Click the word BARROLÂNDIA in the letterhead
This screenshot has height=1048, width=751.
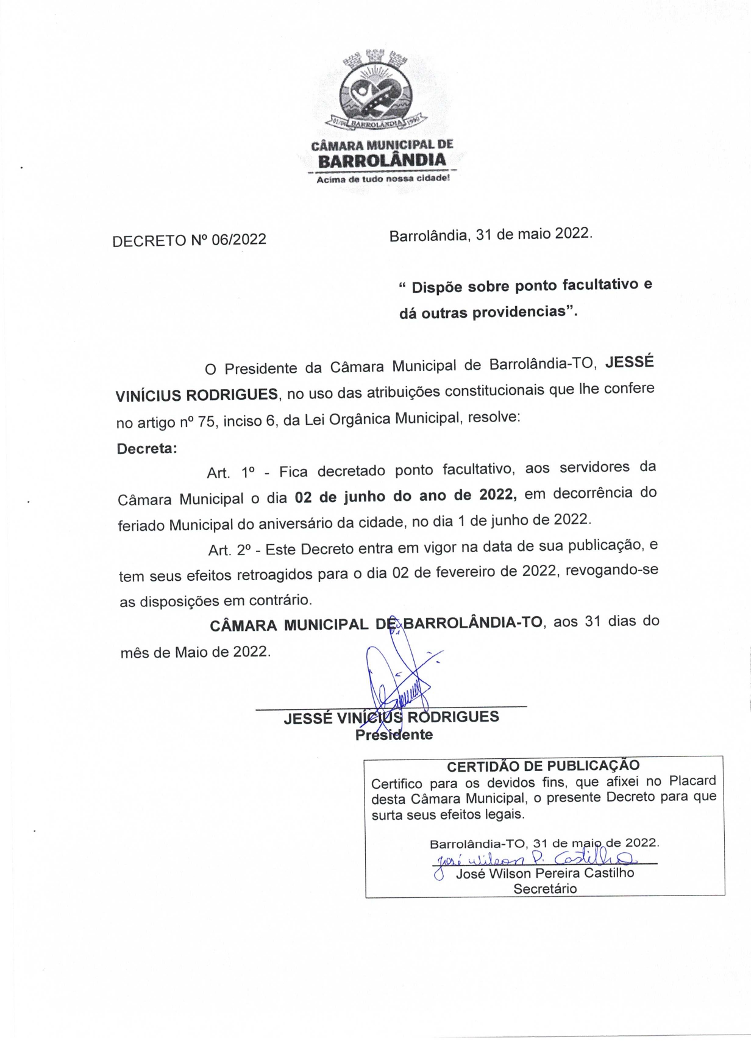coord(382,161)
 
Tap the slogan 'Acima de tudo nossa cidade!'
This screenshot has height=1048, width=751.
coord(383,179)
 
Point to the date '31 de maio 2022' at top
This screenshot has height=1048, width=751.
coord(533,234)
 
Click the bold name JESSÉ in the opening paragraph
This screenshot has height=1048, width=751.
coord(629,362)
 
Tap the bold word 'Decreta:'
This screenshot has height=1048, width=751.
coord(147,448)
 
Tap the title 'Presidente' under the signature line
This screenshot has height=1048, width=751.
coord(394,734)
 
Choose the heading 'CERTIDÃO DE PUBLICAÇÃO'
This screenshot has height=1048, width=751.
coord(543,766)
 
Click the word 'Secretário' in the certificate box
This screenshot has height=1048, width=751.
coord(544,889)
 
